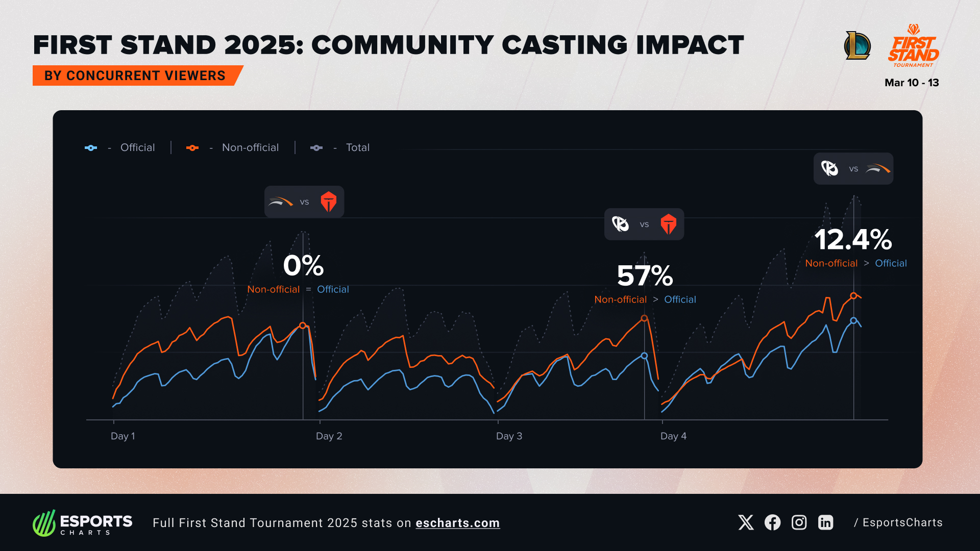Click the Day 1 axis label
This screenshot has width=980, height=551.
click(x=122, y=436)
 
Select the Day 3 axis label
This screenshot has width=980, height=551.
click(x=509, y=436)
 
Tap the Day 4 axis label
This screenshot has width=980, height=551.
click(x=673, y=436)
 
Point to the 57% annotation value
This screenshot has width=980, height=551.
click(x=645, y=276)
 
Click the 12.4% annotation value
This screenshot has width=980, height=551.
click(x=853, y=239)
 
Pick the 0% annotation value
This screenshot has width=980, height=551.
click(x=303, y=265)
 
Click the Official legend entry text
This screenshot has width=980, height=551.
click(x=137, y=147)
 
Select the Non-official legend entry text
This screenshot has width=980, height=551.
click(x=250, y=147)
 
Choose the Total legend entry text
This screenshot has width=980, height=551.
click(x=357, y=147)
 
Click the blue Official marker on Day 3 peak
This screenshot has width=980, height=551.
click(x=644, y=356)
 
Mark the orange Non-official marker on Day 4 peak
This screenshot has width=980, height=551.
click(x=853, y=295)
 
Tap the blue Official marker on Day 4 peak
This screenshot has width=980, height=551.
click(x=853, y=320)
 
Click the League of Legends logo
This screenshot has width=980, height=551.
click(x=857, y=45)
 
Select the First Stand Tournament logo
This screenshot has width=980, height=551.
click(x=913, y=46)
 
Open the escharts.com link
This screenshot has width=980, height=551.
click(x=457, y=523)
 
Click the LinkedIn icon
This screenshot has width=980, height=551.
click(x=825, y=522)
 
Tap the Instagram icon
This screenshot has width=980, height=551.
click(x=799, y=522)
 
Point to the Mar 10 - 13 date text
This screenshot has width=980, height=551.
click(x=912, y=83)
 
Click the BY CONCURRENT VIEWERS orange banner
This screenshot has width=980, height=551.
click(x=135, y=76)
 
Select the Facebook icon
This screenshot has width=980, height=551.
click(x=772, y=522)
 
